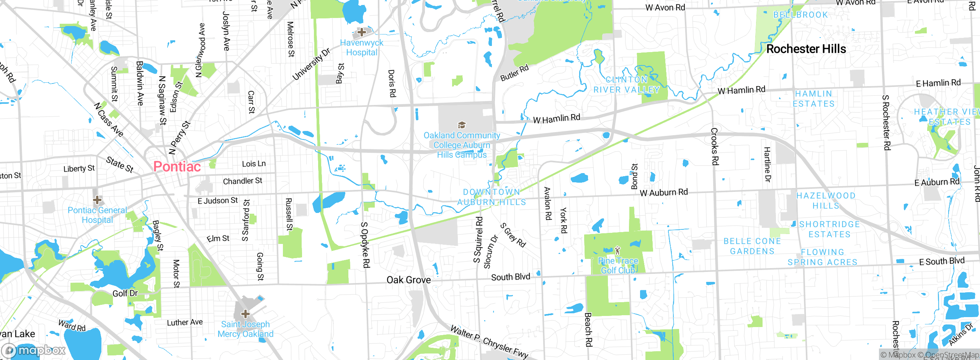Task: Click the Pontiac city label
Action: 177,167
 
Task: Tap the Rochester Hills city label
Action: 806,49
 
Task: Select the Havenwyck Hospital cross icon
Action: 361,32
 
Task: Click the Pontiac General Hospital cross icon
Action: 97,200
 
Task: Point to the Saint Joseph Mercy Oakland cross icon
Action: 245,314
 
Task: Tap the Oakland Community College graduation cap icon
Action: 462,125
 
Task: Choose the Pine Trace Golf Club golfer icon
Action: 617,251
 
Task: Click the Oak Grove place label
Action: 408,280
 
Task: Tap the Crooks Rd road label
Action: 715,146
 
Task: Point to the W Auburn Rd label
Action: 663,192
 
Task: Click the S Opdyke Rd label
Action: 365,245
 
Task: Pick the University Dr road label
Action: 311,64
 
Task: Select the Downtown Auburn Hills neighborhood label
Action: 492,197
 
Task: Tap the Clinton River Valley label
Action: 626,85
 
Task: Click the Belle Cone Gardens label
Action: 752,246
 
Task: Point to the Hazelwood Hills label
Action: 826,201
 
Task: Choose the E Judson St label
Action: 217,201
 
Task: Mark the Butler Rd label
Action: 514,73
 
